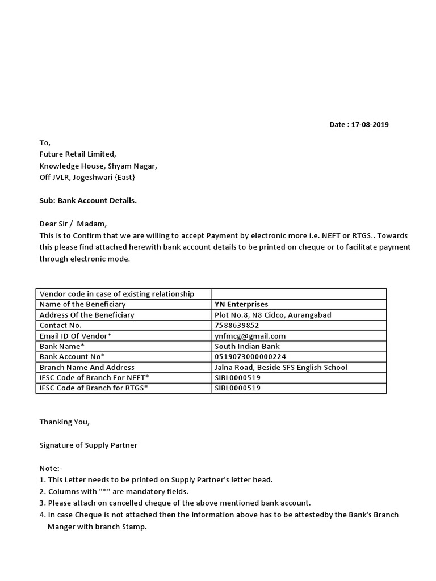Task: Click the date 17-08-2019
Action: point(370,124)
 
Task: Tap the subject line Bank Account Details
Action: point(88,200)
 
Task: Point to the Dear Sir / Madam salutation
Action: point(73,224)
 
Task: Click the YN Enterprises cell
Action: point(241,304)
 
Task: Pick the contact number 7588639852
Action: point(237,325)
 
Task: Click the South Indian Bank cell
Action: point(247,346)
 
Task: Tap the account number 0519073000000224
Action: point(250,356)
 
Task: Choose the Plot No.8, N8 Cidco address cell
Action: point(273,315)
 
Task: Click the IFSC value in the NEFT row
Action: point(237,377)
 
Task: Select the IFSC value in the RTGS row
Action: point(237,388)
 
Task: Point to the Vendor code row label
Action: point(117,294)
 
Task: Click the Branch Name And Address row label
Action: point(87,367)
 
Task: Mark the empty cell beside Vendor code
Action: point(298,294)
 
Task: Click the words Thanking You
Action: point(64,422)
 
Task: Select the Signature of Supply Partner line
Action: point(88,445)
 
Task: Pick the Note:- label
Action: point(51,468)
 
